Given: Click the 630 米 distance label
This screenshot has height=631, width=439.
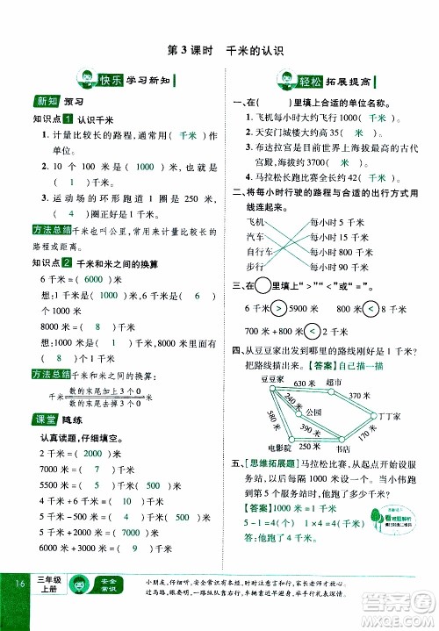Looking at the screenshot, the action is pyautogui.click(x=305, y=384).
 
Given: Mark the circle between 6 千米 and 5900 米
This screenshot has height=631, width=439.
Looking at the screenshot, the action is pyautogui.click(x=279, y=308).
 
